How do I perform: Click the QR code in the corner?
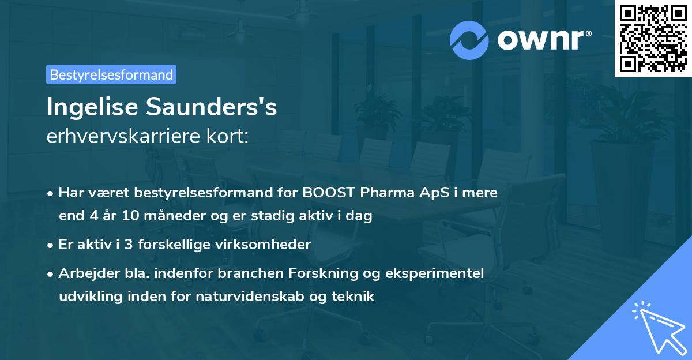[x=653, y=39]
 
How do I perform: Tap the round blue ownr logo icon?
[x=469, y=40]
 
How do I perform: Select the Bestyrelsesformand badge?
[x=111, y=74]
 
